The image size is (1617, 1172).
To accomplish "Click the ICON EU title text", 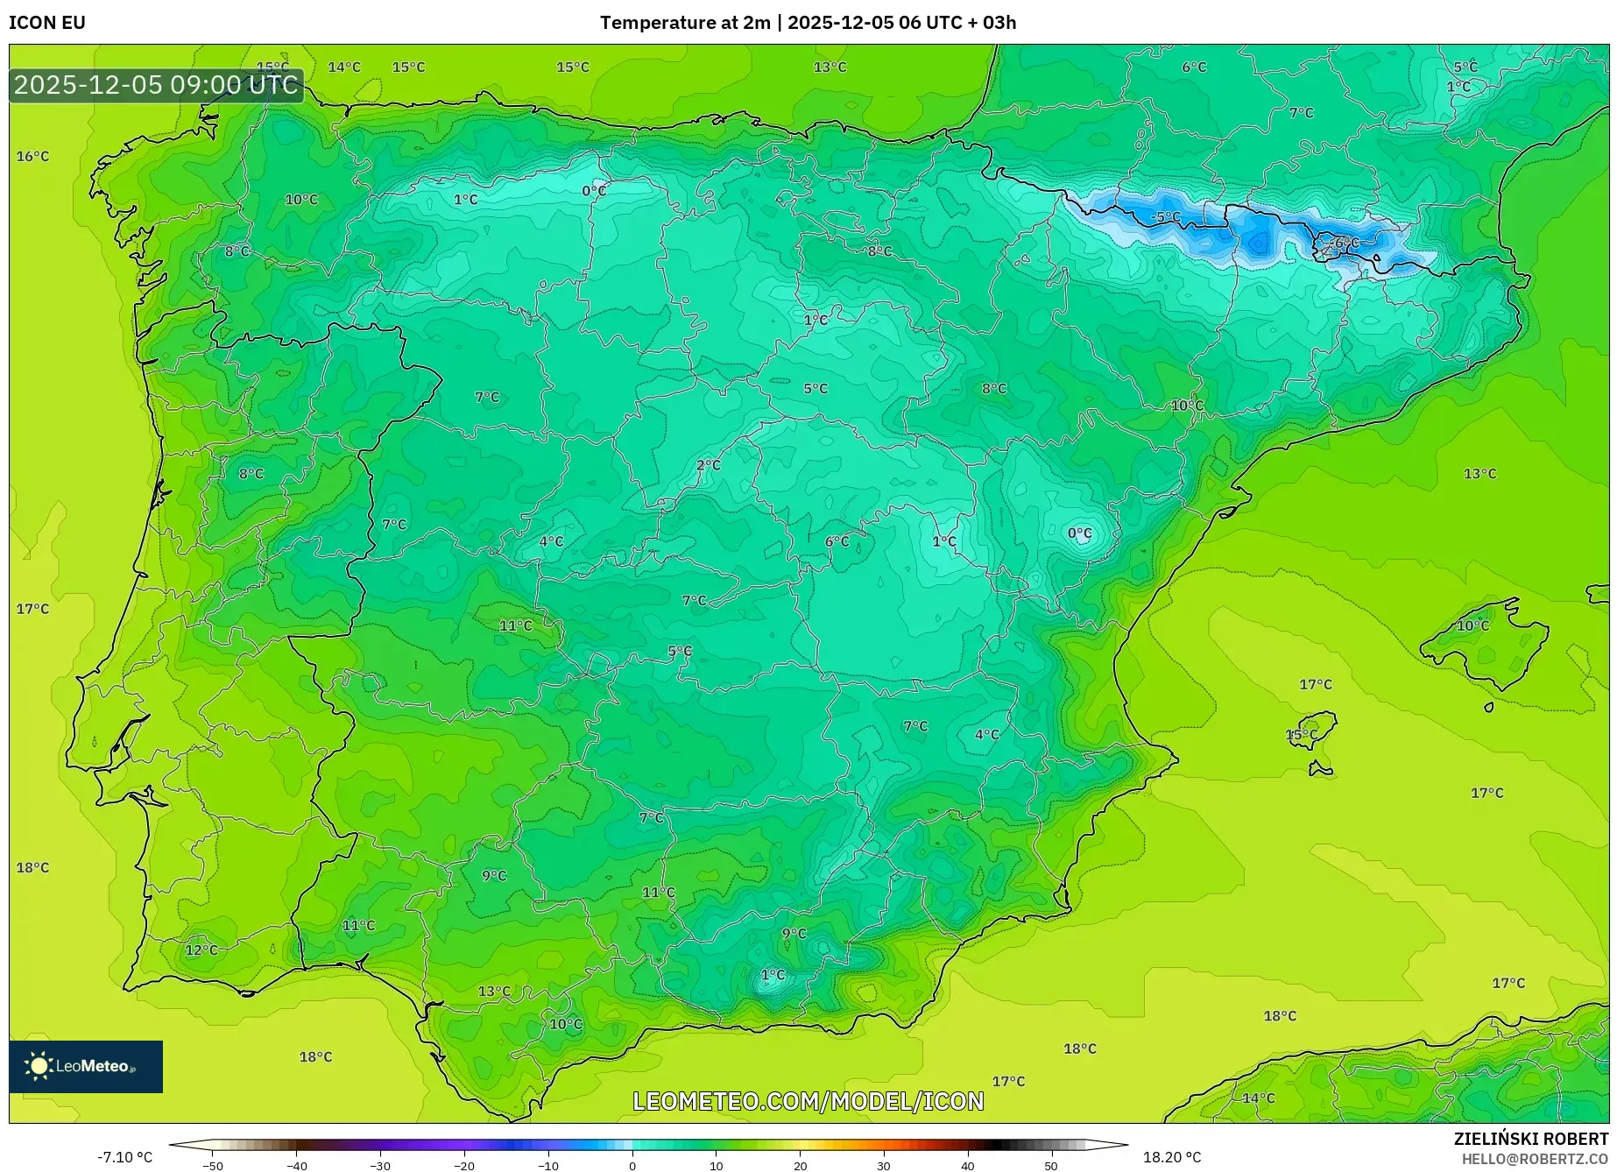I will [x=47, y=23].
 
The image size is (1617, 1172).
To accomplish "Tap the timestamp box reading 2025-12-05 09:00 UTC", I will [x=156, y=85].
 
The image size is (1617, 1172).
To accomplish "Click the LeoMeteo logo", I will [x=85, y=1066].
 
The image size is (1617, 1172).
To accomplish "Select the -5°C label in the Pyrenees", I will [x=1166, y=217].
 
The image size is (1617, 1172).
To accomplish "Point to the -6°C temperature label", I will [x=1345, y=243].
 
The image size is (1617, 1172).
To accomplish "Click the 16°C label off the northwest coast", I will [x=32, y=157].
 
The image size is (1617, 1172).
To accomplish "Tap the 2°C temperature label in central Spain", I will [x=708, y=465].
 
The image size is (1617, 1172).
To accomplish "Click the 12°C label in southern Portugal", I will [x=201, y=950].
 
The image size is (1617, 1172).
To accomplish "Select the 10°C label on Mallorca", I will [x=1472, y=625].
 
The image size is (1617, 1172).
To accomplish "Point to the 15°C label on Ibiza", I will [x=1301, y=734].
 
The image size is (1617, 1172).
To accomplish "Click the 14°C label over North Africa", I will [x=1259, y=1098].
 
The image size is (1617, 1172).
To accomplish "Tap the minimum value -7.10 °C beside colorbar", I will [x=124, y=1157].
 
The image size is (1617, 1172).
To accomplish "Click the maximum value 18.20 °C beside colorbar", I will [x=1172, y=1157].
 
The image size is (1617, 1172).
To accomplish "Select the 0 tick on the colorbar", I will [x=632, y=1166].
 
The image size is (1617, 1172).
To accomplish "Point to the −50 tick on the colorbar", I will [x=213, y=1166].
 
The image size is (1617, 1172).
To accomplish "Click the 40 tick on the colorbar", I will [x=967, y=1166].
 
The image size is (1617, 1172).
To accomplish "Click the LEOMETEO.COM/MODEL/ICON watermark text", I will [x=808, y=1101].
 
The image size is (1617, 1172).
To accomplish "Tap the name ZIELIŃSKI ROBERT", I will [x=1530, y=1139].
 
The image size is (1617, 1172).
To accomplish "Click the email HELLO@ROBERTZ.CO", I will [x=1534, y=1159].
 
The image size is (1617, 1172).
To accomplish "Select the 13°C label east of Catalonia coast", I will [x=1479, y=474].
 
